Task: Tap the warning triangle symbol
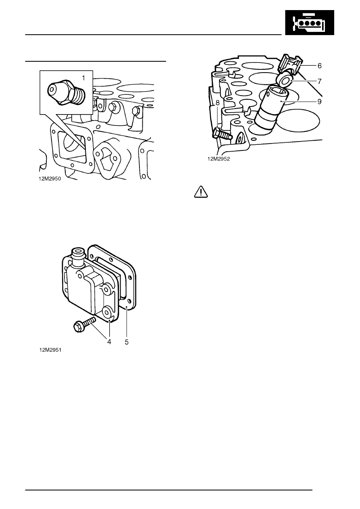point(201,192)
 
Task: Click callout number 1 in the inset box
point(83,78)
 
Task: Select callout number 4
point(109,342)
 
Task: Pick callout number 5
point(127,342)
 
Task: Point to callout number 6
point(319,66)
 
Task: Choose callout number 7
point(320,81)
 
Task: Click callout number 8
point(218,103)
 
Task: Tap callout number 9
point(319,102)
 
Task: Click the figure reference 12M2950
point(50,179)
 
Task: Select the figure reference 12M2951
point(50,350)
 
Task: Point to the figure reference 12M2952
point(219,159)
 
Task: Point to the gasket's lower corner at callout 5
point(126,307)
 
